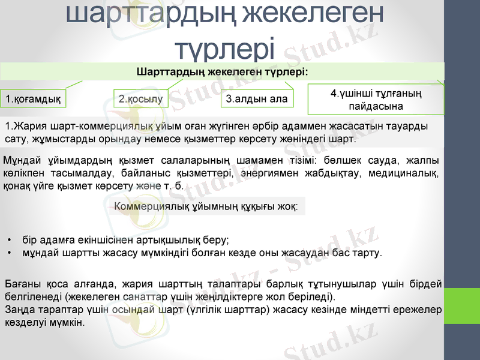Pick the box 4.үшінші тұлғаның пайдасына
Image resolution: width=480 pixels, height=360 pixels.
tap(376, 100)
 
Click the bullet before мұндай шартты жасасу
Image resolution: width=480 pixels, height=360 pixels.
tap(10, 253)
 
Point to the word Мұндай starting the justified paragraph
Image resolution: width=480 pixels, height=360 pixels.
tap(22, 160)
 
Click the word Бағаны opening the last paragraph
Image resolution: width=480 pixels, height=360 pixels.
tap(22, 284)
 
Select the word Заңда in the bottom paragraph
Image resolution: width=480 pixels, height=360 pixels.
tap(19, 310)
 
